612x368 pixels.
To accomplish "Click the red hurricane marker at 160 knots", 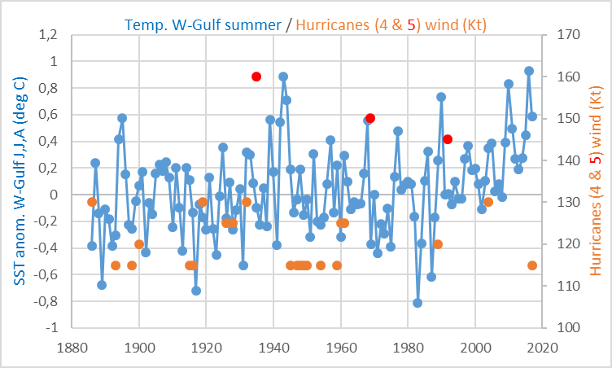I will point(256,77).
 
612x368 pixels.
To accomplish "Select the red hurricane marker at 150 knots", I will point(370,118).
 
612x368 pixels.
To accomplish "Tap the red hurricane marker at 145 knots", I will point(448,139).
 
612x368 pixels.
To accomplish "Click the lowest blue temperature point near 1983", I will point(417,303).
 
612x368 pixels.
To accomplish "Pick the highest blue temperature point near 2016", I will point(529,71).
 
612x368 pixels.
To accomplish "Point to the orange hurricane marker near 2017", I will point(532,265).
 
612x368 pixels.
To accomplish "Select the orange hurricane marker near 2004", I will point(488,202).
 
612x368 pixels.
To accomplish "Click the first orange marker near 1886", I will point(92,202).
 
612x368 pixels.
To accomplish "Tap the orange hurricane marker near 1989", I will point(438,244).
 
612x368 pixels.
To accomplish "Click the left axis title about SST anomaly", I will point(18,181).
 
